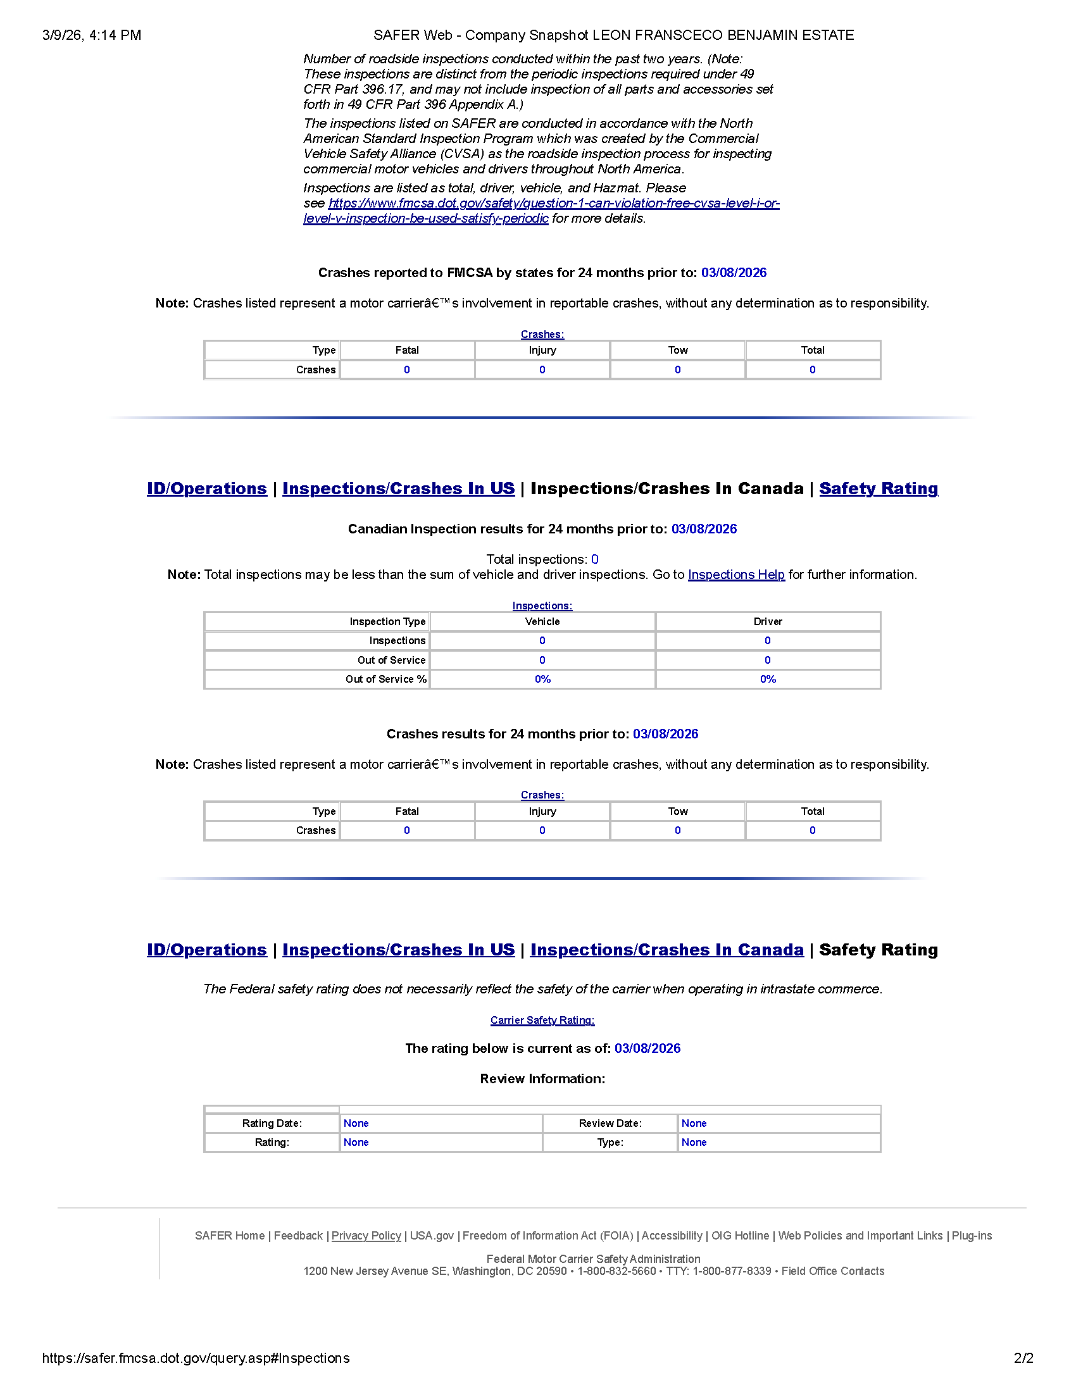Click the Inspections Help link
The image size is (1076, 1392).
[x=735, y=575]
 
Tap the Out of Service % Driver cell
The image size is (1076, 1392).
[x=768, y=679]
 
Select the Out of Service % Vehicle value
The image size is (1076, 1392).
[x=542, y=679]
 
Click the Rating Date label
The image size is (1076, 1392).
[x=272, y=1123]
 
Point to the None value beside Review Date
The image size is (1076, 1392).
[x=694, y=1123]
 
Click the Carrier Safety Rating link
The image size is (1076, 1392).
[x=542, y=1020]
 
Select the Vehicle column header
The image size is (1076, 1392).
[x=542, y=621]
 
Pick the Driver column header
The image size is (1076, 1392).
[x=768, y=621]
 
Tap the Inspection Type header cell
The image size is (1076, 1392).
[x=387, y=621]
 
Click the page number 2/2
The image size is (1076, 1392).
[x=1023, y=1358]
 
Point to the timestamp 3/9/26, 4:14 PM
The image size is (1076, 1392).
[x=92, y=35]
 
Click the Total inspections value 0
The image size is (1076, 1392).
[x=595, y=559]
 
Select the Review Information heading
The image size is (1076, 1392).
[x=542, y=1078]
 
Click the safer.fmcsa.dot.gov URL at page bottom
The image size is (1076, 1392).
[x=196, y=1358]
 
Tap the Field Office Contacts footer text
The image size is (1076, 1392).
[x=832, y=1271]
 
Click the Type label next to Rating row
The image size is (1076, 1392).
[x=610, y=1142]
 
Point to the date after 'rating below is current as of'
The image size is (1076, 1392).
[x=647, y=1048]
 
